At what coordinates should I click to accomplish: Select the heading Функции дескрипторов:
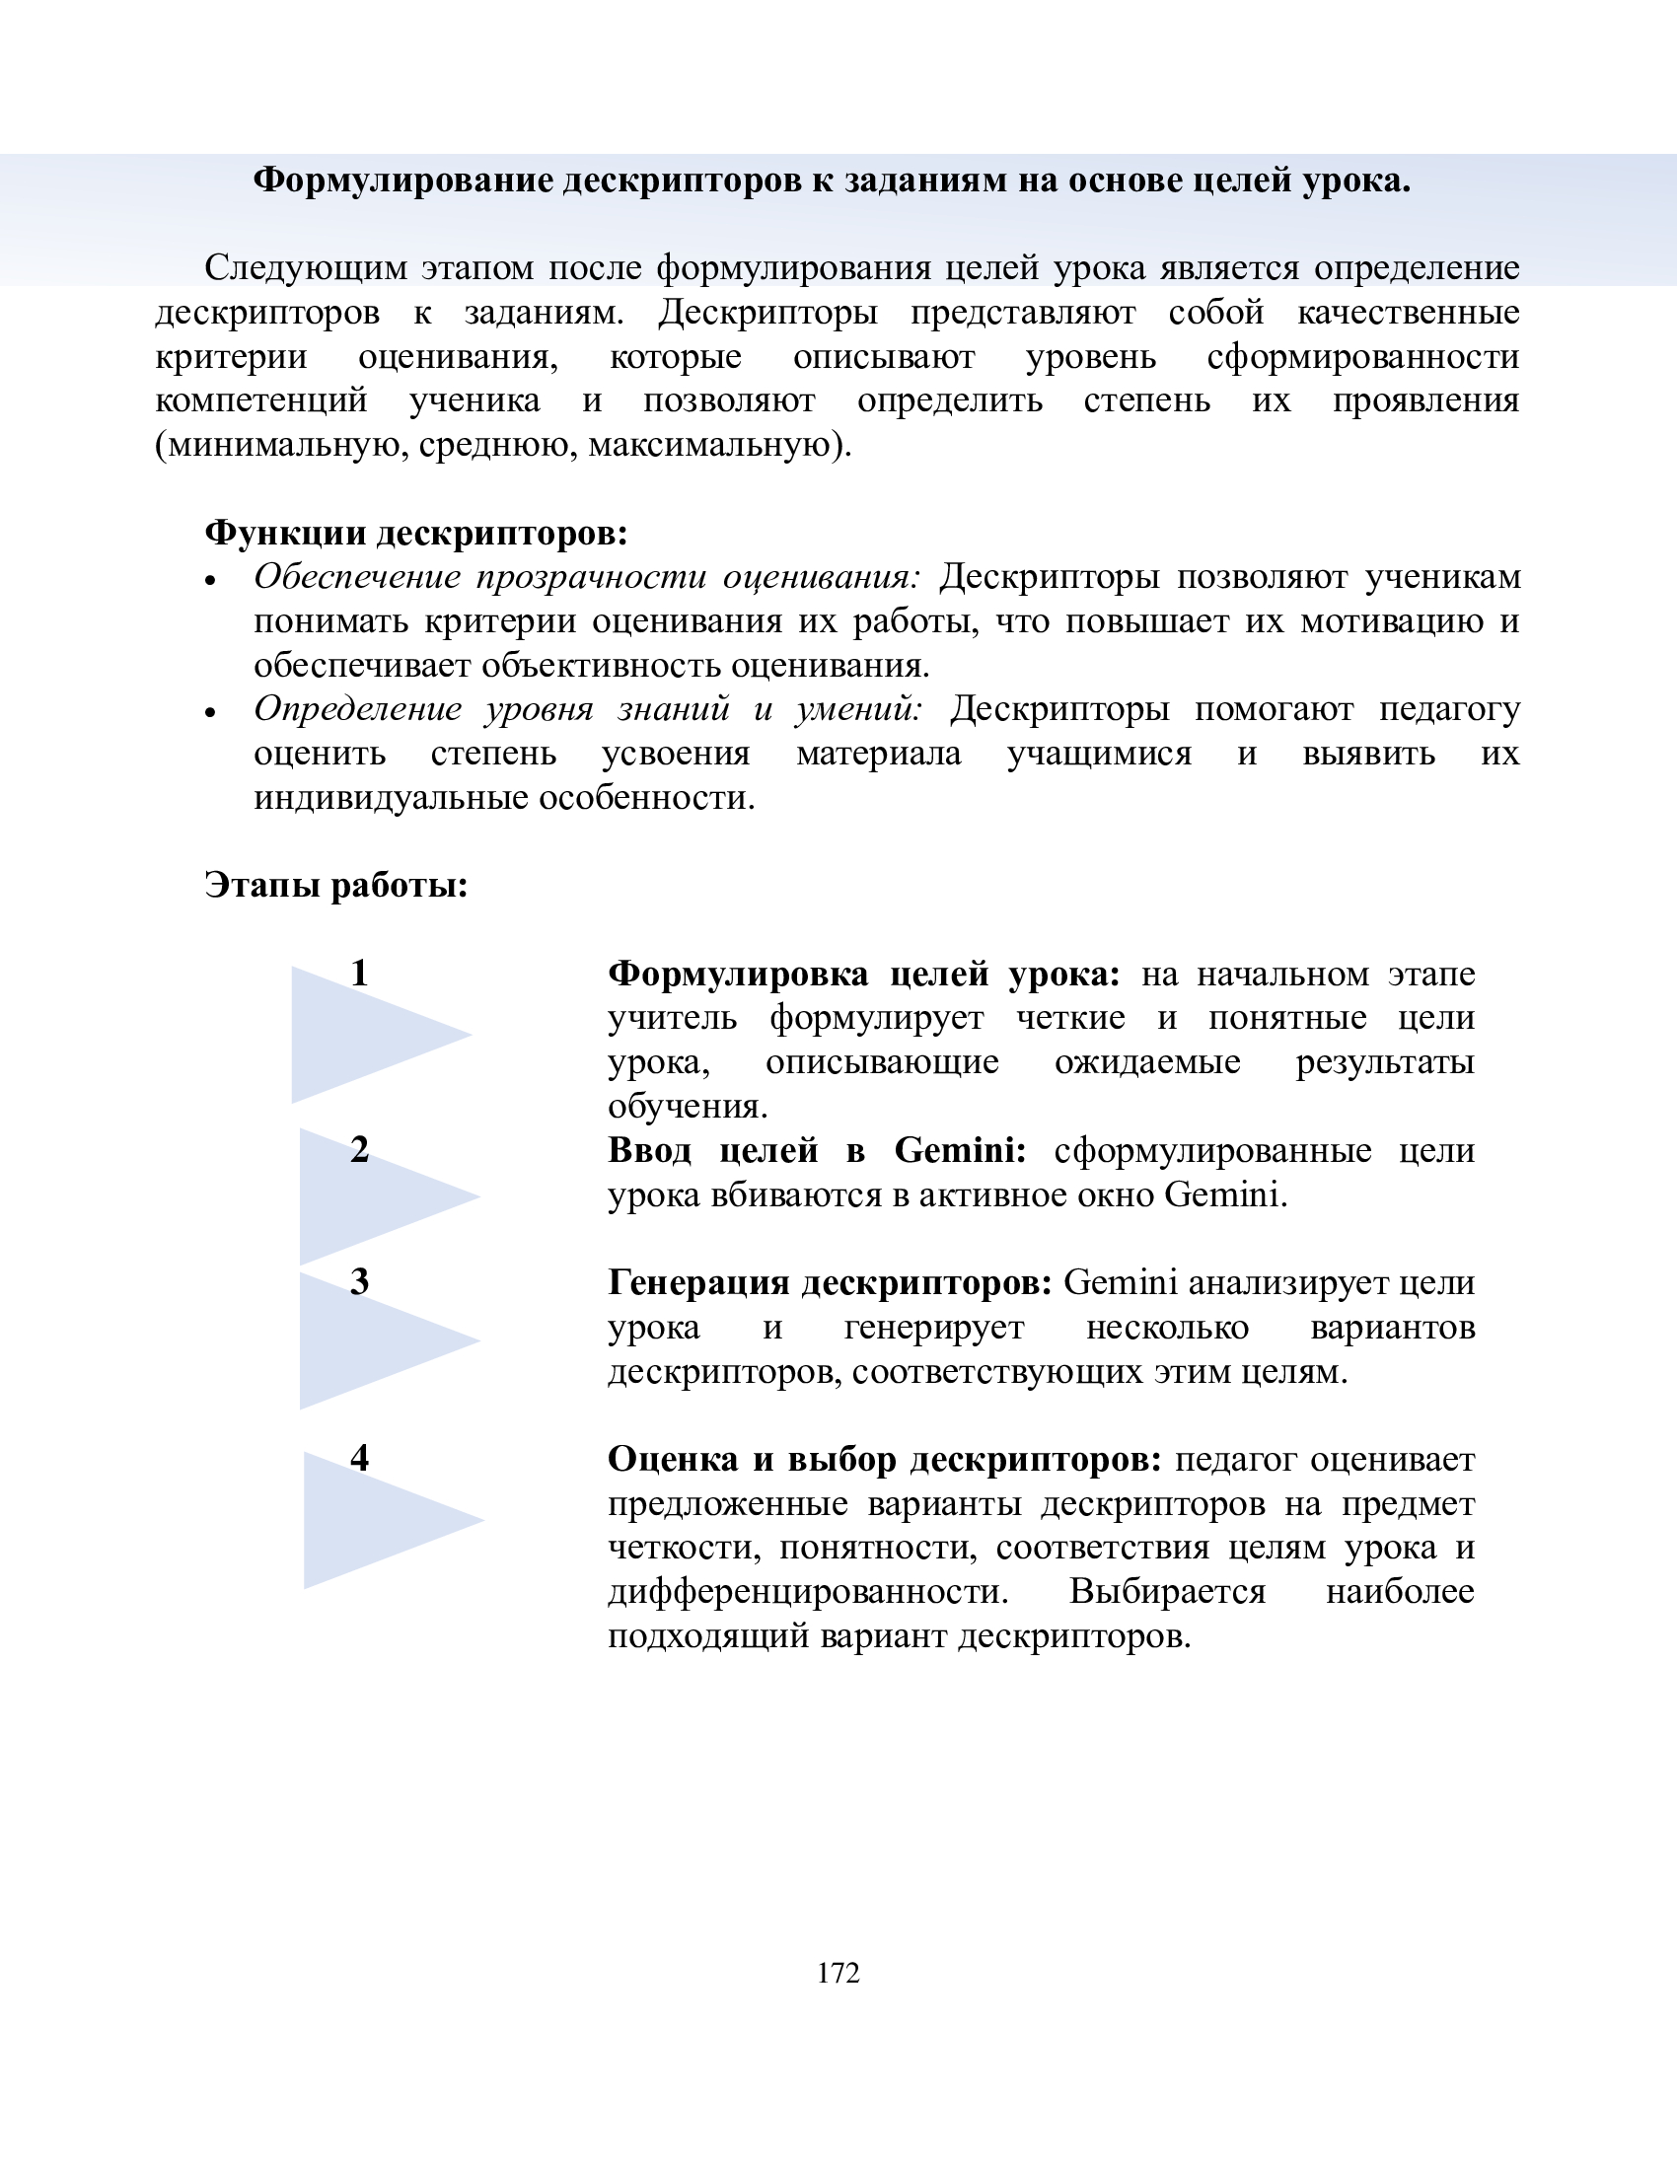pyautogui.click(x=416, y=533)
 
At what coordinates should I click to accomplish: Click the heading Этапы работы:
pyautogui.click(x=335, y=884)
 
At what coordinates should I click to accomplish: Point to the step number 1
pyautogui.click(x=360, y=973)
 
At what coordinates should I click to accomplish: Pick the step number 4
pyautogui.click(x=360, y=1458)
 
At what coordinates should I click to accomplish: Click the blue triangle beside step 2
pyautogui.click(x=368, y=1197)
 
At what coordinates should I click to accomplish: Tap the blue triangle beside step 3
pyautogui.click(x=368, y=1341)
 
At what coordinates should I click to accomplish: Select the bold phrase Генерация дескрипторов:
pyautogui.click(x=830, y=1282)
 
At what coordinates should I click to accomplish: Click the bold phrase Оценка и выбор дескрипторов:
pyautogui.click(x=884, y=1459)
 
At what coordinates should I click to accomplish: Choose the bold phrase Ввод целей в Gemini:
pyautogui.click(x=817, y=1149)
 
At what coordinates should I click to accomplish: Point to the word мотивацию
pyautogui.click(x=1394, y=621)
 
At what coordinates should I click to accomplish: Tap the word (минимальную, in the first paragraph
pyautogui.click(x=281, y=445)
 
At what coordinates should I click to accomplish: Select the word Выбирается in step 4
pyautogui.click(x=1167, y=1592)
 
